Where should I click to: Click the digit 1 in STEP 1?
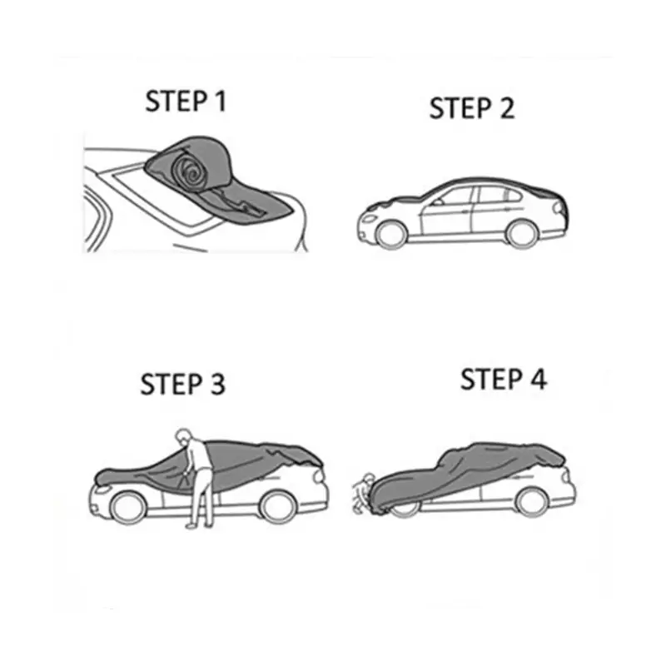coord(220,101)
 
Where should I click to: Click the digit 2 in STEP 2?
coord(507,108)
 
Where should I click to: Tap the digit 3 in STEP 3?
coord(217,384)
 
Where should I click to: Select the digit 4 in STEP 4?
coord(539,380)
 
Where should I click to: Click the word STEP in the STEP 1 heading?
coord(176,101)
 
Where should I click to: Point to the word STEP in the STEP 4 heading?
coord(491,380)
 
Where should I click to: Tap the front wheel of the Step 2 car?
coord(390,235)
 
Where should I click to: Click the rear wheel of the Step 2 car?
coord(522,234)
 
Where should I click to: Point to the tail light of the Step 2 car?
coord(559,207)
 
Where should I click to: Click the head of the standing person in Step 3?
coord(182,435)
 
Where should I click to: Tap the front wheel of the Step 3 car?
coord(127,507)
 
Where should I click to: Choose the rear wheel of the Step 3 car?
coord(277,506)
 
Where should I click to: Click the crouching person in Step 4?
coord(363,493)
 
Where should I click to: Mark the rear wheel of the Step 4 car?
coord(531,502)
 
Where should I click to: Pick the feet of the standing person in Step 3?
coord(199,526)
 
